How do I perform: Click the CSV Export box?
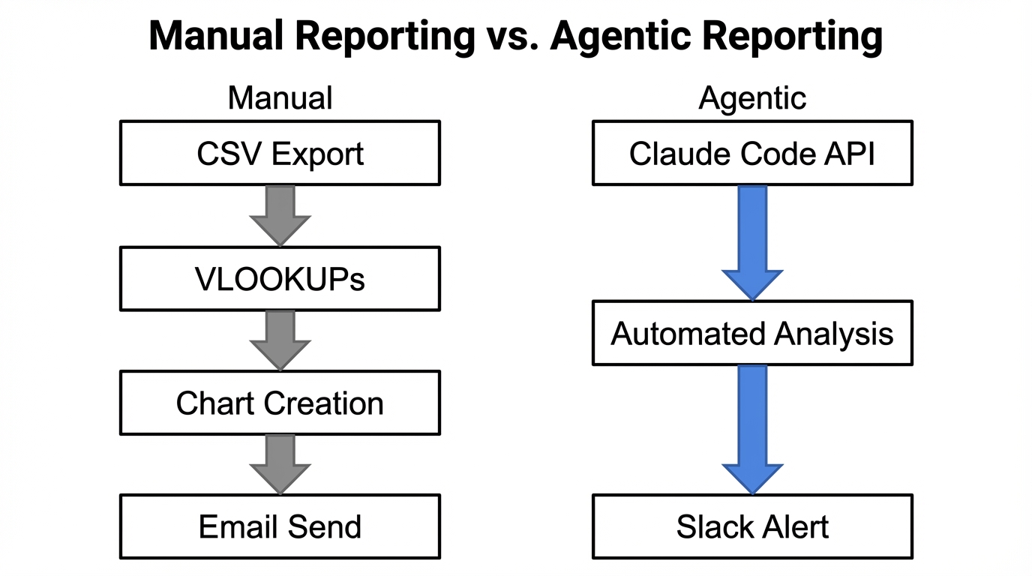pos(280,153)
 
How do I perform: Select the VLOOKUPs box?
pos(280,278)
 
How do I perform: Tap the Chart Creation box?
pos(280,403)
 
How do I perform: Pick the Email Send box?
pos(280,526)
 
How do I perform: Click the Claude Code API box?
pos(752,153)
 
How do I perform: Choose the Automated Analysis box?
pos(752,333)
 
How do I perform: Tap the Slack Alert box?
pos(752,526)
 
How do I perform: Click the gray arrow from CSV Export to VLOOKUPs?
pos(280,214)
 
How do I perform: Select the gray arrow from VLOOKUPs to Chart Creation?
pos(280,340)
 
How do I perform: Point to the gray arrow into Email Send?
pos(280,463)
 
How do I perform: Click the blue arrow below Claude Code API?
pos(752,241)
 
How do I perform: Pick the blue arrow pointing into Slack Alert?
pos(752,428)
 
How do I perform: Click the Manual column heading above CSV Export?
pos(280,98)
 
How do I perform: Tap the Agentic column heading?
pos(752,98)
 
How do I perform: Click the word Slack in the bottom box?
pos(710,526)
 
